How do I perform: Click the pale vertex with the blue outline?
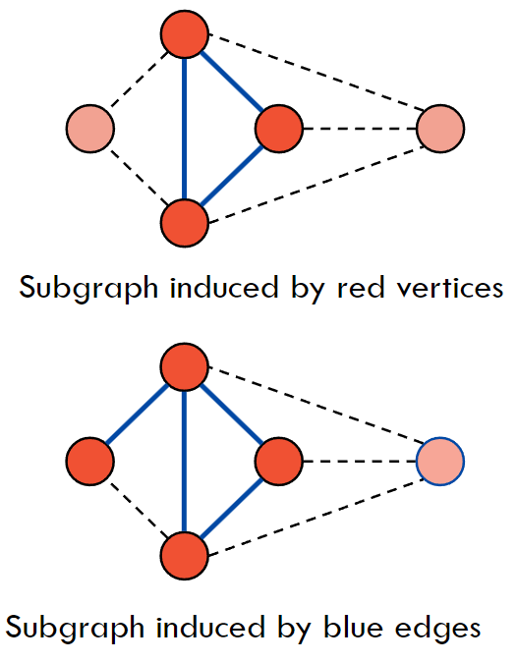tap(440, 461)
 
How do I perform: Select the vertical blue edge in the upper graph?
tap(184, 129)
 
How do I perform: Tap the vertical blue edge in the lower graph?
tap(184, 461)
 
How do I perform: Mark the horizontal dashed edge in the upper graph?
tap(360, 129)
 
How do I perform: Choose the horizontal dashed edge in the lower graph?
tap(360, 461)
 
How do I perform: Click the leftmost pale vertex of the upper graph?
tap(90, 129)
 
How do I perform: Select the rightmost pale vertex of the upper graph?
tap(440, 129)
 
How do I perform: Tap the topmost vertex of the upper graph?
tap(185, 34)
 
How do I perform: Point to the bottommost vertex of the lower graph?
tap(185, 556)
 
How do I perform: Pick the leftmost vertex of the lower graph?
tap(90, 461)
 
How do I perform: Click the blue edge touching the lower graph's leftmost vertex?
tap(138, 414)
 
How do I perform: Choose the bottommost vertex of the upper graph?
tap(185, 223)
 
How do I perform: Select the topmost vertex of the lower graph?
tap(185, 366)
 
